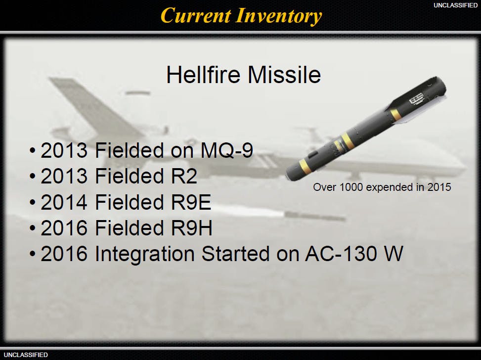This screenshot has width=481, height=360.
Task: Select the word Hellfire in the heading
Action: click(204, 75)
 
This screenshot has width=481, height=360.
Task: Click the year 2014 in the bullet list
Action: click(65, 202)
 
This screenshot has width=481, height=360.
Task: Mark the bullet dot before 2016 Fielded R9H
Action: click(33, 228)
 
